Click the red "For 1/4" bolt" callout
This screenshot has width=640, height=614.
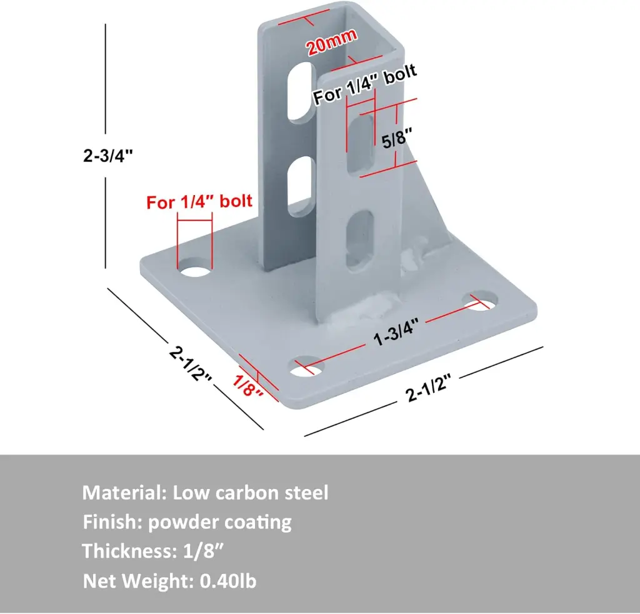199,201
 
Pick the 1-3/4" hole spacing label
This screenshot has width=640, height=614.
395,331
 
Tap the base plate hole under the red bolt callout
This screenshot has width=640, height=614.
195,269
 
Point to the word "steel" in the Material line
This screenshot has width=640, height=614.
306,493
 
